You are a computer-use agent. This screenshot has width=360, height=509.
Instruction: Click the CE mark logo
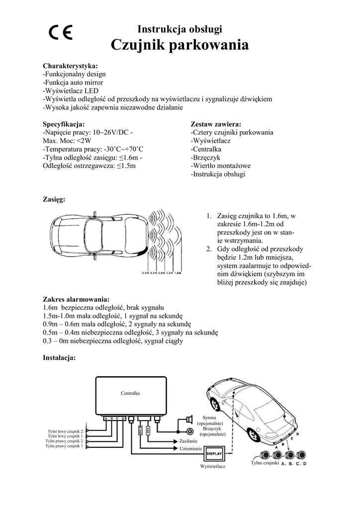[x=61, y=33]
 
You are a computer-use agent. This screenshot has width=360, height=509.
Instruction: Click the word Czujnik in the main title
[x=138, y=46]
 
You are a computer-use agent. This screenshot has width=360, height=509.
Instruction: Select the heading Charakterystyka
[x=71, y=66]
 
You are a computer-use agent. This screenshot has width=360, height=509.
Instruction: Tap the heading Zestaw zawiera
[x=216, y=124]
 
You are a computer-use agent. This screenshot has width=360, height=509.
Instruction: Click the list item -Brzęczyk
[x=206, y=158]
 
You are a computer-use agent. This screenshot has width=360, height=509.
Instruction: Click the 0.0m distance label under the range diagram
[x=146, y=273]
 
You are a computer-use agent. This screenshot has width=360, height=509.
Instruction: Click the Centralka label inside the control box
[x=130, y=393]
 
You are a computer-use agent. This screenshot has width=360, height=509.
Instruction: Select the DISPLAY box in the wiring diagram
[x=213, y=454]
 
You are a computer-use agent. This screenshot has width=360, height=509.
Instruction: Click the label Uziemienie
[x=190, y=449]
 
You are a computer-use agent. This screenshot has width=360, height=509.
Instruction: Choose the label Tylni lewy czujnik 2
[x=66, y=431]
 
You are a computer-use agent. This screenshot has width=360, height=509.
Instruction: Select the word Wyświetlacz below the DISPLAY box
[x=213, y=466]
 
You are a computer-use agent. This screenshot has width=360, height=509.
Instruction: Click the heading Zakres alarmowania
[x=76, y=299]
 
